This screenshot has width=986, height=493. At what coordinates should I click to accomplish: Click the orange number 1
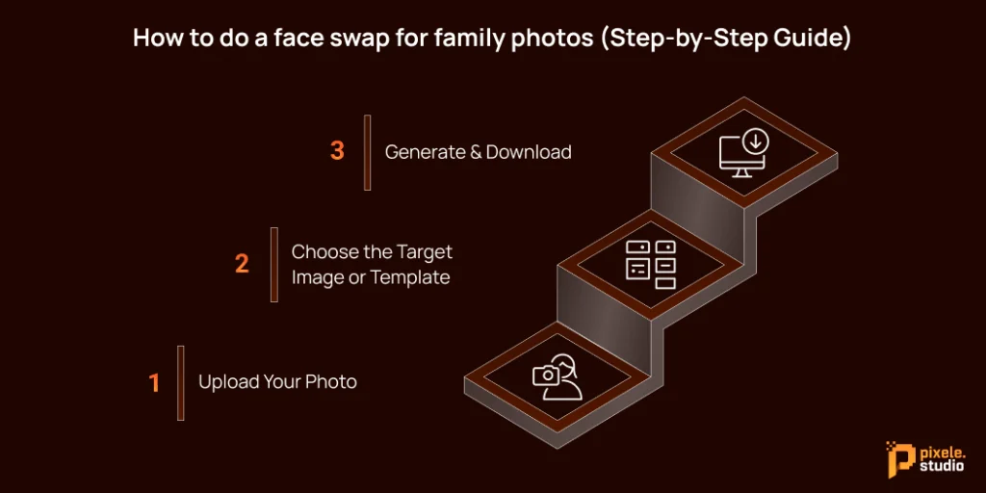(154, 383)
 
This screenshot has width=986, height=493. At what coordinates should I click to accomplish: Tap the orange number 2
(242, 264)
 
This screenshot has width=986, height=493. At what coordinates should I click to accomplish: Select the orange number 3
(337, 151)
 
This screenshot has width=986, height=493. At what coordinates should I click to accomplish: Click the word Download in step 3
(529, 152)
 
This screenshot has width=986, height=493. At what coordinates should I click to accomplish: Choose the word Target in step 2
(424, 252)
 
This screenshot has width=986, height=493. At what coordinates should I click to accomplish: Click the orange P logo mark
(897, 458)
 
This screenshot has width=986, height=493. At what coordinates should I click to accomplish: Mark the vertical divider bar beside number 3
(367, 152)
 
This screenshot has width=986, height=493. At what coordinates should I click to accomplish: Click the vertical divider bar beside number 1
(180, 383)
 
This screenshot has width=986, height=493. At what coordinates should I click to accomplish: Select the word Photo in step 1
(331, 383)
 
